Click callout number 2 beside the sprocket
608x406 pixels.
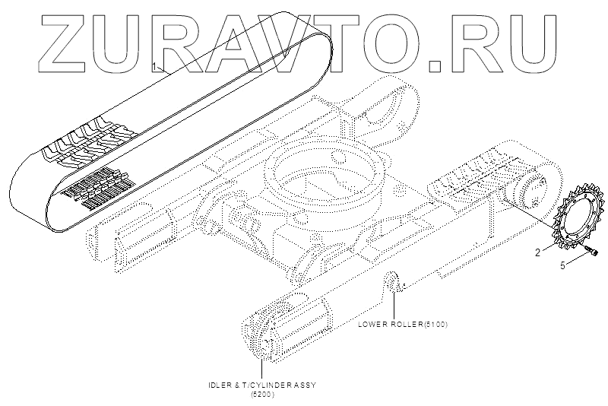tap(538, 252)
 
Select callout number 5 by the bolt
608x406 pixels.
tap(562, 265)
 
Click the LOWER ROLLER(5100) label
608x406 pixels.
tap(402, 325)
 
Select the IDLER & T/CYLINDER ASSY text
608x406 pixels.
tap(262, 385)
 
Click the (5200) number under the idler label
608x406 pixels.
tap(262, 395)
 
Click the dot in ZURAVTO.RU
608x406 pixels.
tap(435, 66)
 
